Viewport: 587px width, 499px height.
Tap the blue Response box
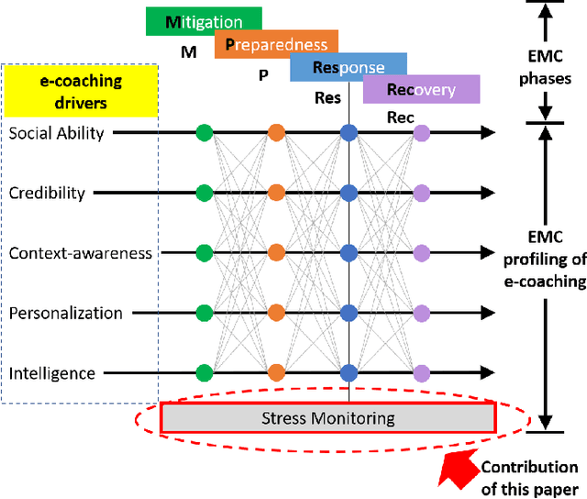(x=349, y=67)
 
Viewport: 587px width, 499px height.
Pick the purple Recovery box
(x=421, y=90)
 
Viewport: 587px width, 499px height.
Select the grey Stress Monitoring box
(x=327, y=418)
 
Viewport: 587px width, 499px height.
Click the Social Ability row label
(x=57, y=134)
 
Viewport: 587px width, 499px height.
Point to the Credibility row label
(x=47, y=193)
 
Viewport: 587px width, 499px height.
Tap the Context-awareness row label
(x=81, y=253)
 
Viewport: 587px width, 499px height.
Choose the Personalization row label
(x=66, y=313)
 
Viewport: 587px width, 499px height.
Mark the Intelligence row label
(x=52, y=373)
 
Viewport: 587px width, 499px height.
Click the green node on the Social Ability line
(x=205, y=133)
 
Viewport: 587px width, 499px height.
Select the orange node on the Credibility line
(x=276, y=193)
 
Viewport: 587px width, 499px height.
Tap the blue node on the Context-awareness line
(x=349, y=253)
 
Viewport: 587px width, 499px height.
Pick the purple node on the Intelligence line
(x=421, y=372)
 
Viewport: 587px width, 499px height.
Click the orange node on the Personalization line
(x=276, y=313)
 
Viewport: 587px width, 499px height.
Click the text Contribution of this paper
(x=530, y=478)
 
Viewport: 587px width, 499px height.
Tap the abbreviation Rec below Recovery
(x=401, y=117)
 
